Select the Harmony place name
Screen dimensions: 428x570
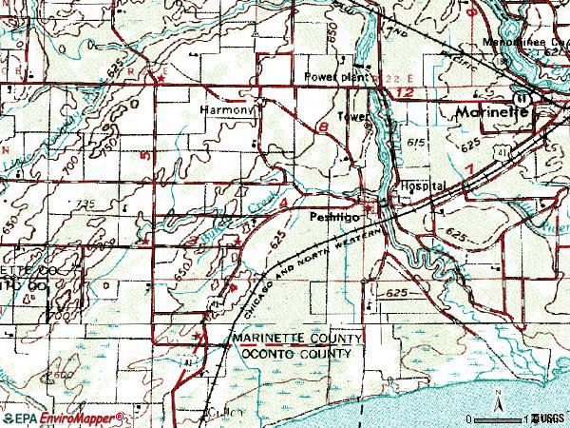coord(229,110)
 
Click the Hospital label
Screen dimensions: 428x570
coord(423,186)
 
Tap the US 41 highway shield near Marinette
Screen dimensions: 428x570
coord(522,99)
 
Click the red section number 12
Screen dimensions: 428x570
coord(407,92)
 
